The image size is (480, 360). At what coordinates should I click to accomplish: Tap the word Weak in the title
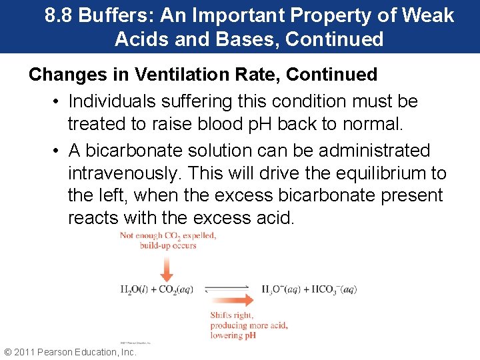429,15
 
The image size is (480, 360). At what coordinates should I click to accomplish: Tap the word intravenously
125,173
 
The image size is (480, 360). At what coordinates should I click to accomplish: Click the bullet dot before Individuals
57,102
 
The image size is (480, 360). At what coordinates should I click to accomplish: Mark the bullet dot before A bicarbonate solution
57,151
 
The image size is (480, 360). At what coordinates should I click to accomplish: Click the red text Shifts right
232,315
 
